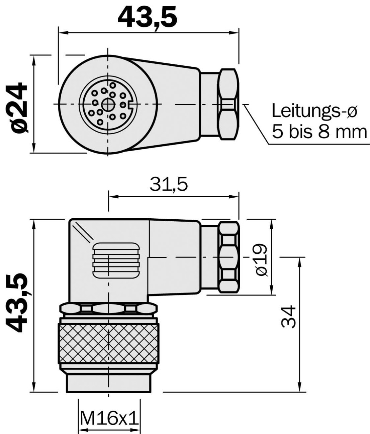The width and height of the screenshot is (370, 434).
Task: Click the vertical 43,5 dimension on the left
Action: [18, 303]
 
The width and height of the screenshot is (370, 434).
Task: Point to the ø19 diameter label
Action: [262, 259]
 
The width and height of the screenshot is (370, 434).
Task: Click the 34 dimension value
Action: [288, 316]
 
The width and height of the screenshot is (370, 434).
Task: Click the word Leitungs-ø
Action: [314, 111]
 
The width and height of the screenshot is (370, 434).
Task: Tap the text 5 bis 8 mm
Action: [319, 132]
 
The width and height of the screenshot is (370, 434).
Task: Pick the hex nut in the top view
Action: [228, 104]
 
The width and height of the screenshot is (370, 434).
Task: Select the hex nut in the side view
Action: [229, 257]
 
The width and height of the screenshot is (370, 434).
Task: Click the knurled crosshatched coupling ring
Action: [109, 344]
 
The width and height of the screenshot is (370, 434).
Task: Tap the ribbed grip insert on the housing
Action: [116, 260]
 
